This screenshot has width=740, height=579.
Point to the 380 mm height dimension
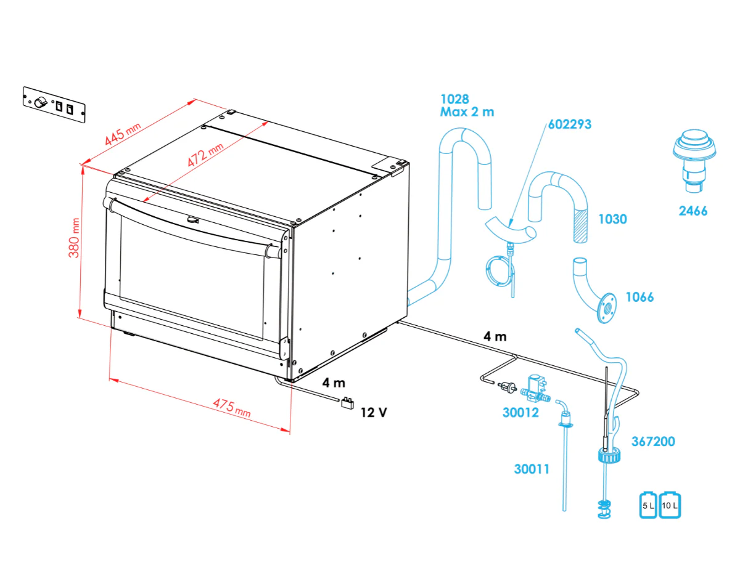coord(75,238)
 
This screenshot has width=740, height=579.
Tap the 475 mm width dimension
coord(232,408)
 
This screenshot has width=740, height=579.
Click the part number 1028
coord(454,99)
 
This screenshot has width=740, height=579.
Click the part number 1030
coord(612,219)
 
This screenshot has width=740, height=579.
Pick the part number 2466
coord(693,211)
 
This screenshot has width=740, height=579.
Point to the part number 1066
coord(639,298)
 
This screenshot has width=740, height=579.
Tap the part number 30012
coord(520,413)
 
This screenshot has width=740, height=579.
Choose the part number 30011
coord(532,469)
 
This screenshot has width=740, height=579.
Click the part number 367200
coord(653,442)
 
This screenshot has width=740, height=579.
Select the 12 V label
coord(374,412)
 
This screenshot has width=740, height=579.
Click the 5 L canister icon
coord(648,504)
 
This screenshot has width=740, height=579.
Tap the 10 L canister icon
coord(670,504)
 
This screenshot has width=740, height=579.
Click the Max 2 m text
coord(467,112)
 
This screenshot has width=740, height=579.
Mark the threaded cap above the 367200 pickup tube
coord(607,457)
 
